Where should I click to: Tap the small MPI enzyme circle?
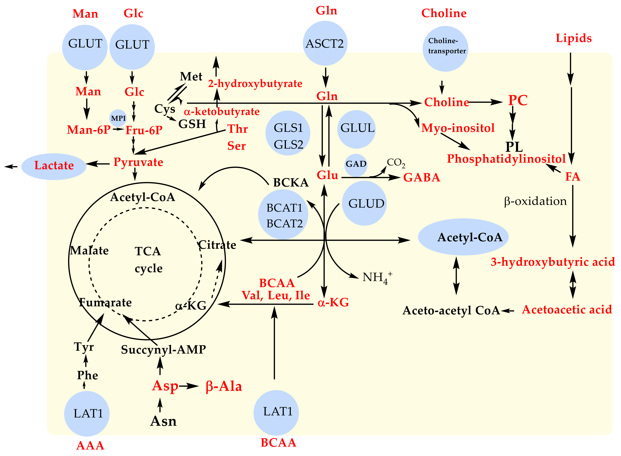(118, 118)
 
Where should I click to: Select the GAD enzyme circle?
(356, 165)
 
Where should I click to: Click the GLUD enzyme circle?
(364, 203)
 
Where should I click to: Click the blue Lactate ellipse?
(54, 167)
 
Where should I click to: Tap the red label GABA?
(421, 177)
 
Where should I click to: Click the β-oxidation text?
(535, 201)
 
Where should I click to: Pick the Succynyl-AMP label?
(163, 350)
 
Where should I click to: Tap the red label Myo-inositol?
(458, 128)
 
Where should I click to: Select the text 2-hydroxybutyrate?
(255, 83)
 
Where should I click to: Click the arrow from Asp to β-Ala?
(189, 386)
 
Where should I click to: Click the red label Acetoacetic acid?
(567, 310)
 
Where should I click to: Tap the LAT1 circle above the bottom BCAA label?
(276, 412)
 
